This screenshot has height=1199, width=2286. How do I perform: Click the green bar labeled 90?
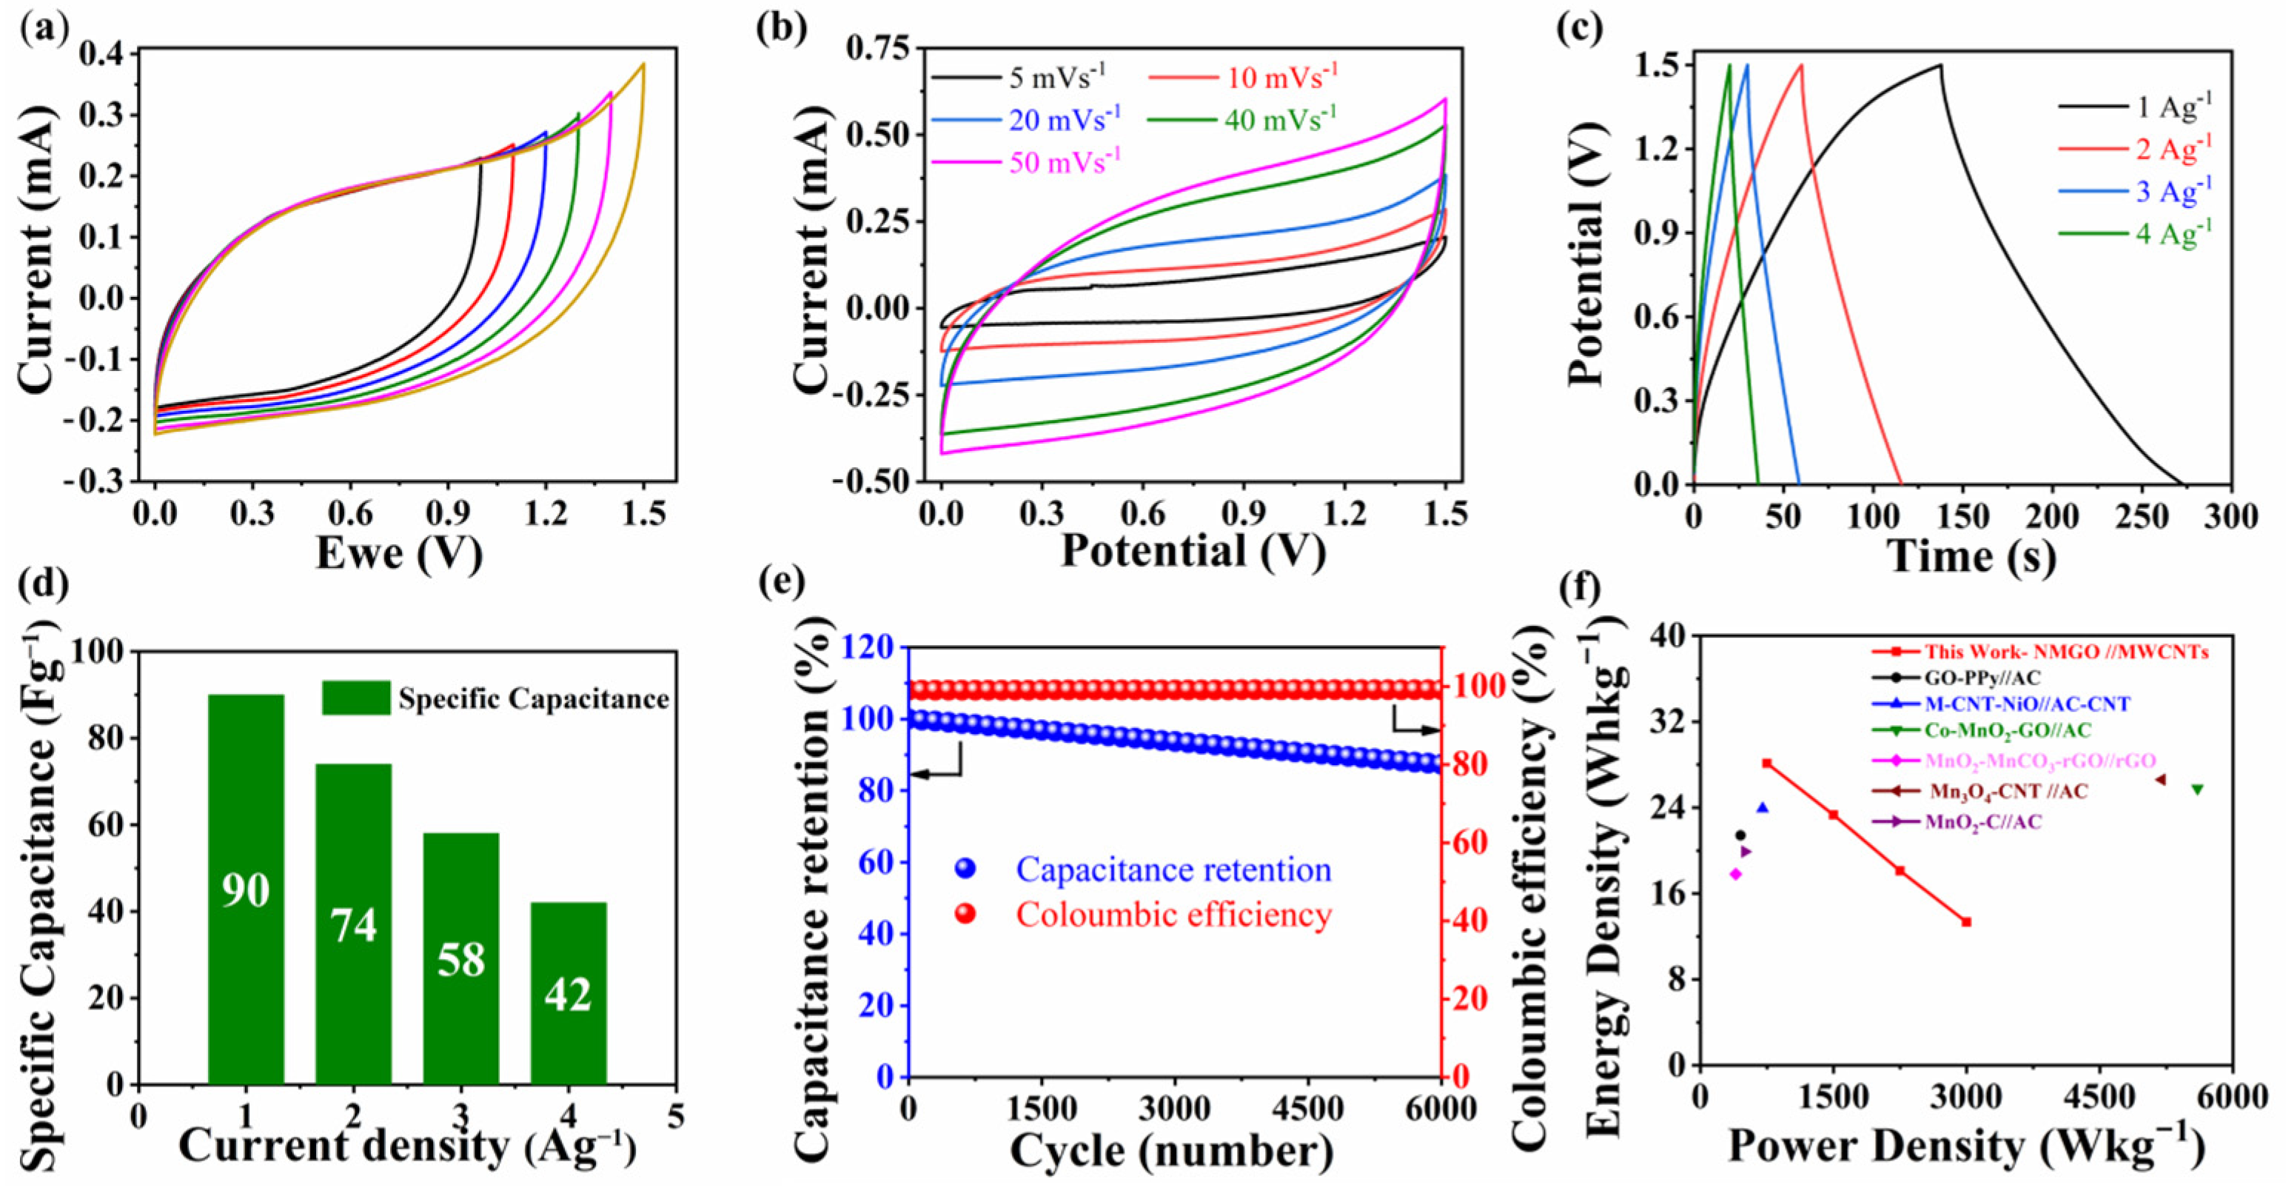(x=246, y=887)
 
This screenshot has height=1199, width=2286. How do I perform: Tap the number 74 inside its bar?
(x=353, y=925)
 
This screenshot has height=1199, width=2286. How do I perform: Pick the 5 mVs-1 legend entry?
(x=1021, y=77)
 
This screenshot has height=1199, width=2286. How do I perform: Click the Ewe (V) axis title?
(x=399, y=553)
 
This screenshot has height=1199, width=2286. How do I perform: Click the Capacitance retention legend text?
(x=1173, y=869)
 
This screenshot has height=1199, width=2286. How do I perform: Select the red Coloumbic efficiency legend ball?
(x=965, y=914)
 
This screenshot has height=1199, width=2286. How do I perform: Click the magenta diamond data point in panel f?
(x=1736, y=874)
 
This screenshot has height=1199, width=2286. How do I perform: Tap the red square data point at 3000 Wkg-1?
(x=1966, y=922)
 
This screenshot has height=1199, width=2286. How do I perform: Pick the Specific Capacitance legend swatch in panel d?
(x=356, y=698)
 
